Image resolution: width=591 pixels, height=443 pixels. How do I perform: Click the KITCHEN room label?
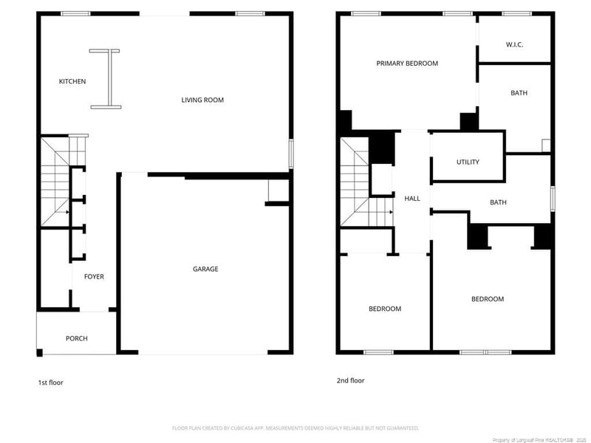[72, 81]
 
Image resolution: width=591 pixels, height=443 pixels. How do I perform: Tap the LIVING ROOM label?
[202, 100]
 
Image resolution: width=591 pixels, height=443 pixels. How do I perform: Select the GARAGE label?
[205, 269]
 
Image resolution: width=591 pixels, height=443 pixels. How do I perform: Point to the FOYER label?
[94, 277]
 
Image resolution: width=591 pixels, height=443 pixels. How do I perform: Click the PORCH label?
[76, 338]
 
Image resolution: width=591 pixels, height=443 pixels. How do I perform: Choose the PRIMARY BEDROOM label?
[407, 63]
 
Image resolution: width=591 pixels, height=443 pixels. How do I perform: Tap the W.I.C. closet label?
[515, 45]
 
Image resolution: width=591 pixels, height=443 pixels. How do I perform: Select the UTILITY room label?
[468, 162]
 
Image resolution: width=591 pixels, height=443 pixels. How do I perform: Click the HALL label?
[411, 199]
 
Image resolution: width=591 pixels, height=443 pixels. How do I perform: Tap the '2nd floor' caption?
[351, 380]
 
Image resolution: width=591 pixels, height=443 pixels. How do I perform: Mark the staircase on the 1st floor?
[55, 182]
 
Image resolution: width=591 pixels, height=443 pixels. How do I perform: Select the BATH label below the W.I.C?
[519, 93]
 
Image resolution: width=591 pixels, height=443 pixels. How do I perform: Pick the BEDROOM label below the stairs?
[385, 309]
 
